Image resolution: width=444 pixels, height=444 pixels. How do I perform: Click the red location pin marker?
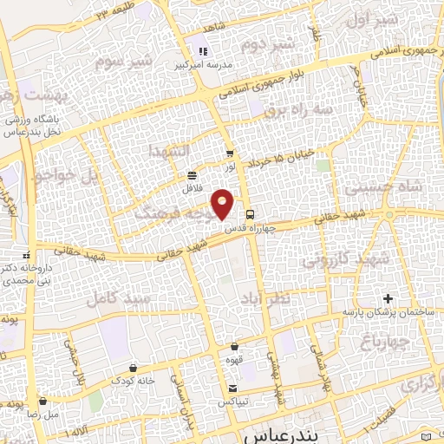(223, 203)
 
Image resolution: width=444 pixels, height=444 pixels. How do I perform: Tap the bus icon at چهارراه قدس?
(250, 213)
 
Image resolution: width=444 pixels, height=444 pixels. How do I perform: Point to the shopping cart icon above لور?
(229, 153)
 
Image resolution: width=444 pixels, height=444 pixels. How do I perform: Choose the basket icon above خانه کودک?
(131, 368)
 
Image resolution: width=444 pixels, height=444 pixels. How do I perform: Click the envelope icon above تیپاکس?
(232, 388)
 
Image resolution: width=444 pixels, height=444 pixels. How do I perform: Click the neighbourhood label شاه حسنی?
(382, 187)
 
